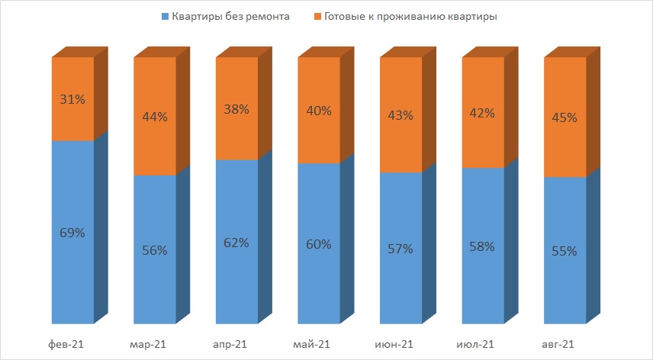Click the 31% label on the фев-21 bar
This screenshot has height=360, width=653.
pyautogui.click(x=72, y=99)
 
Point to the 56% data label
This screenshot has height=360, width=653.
pyautogui.click(x=155, y=250)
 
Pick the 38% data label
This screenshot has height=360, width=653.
pyautogui.click(x=236, y=108)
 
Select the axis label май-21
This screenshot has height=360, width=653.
pyautogui.click(x=311, y=346)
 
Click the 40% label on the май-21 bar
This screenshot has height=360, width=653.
pyautogui.click(x=319, y=111)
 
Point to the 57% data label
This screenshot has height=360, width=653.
pyautogui.click(x=400, y=248)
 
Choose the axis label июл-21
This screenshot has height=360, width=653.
pyautogui.click(x=477, y=346)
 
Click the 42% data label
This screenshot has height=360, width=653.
pyautogui.click(x=483, y=113)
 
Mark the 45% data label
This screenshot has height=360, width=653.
pyautogui.click(x=565, y=117)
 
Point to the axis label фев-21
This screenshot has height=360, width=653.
pyautogui.click(x=65, y=346)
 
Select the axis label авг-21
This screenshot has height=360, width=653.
pyautogui.click(x=558, y=346)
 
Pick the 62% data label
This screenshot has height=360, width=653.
pyautogui.click(x=236, y=243)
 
